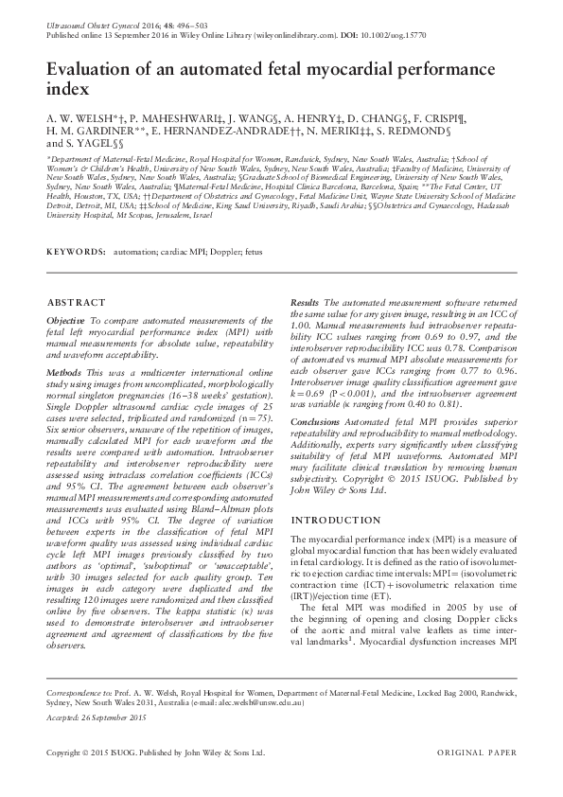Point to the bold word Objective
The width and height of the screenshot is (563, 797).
[x=66, y=322]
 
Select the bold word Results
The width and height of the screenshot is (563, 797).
[x=305, y=300]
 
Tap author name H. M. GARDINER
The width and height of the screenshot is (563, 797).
[x=86, y=133]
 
